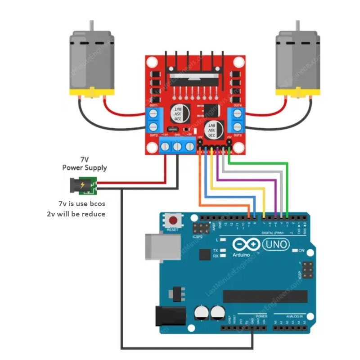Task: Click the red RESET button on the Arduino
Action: (x=173, y=221)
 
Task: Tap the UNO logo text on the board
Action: (x=275, y=244)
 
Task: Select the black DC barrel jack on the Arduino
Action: (x=170, y=316)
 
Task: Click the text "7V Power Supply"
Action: (x=84, y=164)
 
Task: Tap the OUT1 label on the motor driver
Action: (x=153, y=105)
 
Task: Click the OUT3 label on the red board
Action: (x=237, y=135)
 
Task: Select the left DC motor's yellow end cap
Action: (x=91, y=92)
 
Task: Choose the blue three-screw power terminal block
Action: (x=177, y=146)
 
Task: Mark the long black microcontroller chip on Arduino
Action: (x=265, y=296)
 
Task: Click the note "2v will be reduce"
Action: (x=76, y=214)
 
